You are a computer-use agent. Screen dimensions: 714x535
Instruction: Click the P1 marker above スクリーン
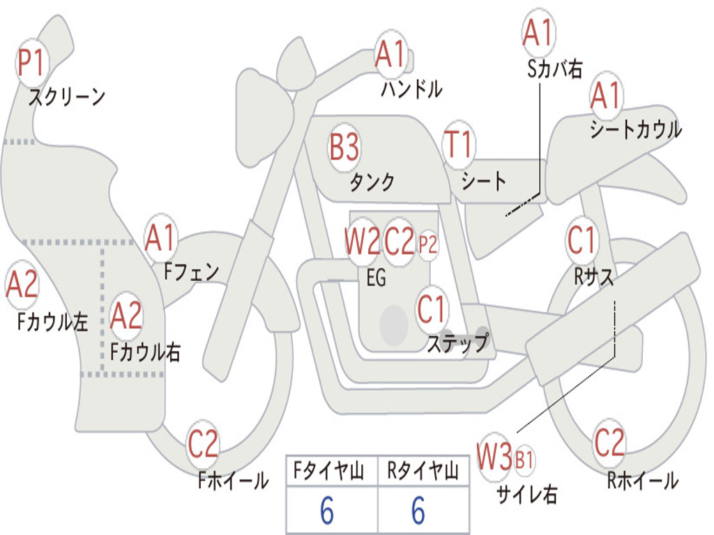(31, 63)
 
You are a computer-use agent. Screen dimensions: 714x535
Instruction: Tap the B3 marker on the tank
(344, 148)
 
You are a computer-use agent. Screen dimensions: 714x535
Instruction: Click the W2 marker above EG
(363, 241)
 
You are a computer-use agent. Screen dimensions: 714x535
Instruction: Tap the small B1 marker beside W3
(524, 460)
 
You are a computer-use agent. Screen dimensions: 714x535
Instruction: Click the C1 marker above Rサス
(581, 240)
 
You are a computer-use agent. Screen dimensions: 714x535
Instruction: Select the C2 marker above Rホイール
(608, 443)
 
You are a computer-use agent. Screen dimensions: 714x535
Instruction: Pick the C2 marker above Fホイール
(203, 444)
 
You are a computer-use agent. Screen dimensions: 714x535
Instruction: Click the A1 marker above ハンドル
(390, 54)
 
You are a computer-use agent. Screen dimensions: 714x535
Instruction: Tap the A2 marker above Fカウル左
(22, 285)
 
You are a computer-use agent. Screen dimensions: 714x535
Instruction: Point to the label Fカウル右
(146, 352)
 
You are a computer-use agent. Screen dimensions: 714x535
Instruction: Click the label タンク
(372, 182)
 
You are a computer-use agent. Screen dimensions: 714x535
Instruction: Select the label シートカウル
(636, 129)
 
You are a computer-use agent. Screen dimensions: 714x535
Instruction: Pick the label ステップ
(458, 343)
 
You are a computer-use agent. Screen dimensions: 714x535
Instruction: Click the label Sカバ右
(554, 69)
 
